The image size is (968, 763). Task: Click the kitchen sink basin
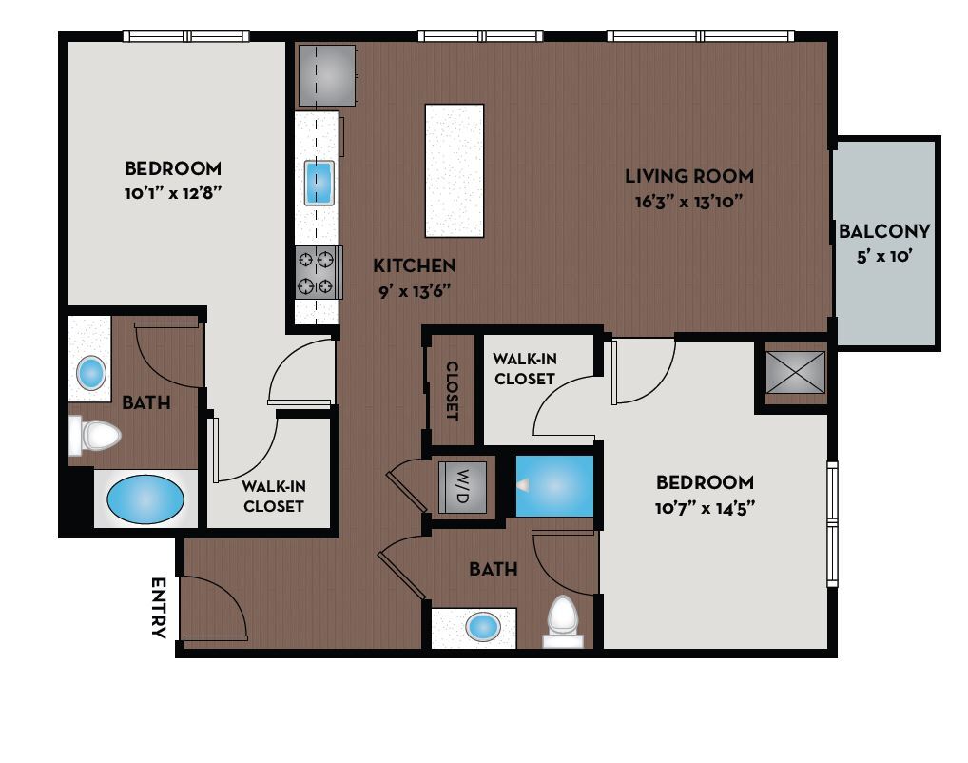[319, 183]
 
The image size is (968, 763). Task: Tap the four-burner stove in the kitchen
[318, 272]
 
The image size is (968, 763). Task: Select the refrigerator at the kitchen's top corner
[328, 76]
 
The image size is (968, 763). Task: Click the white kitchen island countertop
[454, 170]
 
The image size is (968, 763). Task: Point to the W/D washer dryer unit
[461, 487]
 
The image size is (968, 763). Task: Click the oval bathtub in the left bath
[145, 499]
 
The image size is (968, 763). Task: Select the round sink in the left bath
[91, 372]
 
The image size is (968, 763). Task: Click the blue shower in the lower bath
[554, 485]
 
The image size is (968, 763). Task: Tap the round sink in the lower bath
[484, 626]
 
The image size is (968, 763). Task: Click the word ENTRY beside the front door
[159, 608]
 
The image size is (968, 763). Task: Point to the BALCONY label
[884, 231]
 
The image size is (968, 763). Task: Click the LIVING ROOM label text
[688, 176]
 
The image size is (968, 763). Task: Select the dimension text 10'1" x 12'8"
[173, 191]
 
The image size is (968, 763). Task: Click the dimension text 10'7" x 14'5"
[705, 507]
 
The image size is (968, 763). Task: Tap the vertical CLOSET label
[453, 391]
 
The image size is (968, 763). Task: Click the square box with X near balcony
[791, 372]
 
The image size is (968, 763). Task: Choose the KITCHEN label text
[414, 265]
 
